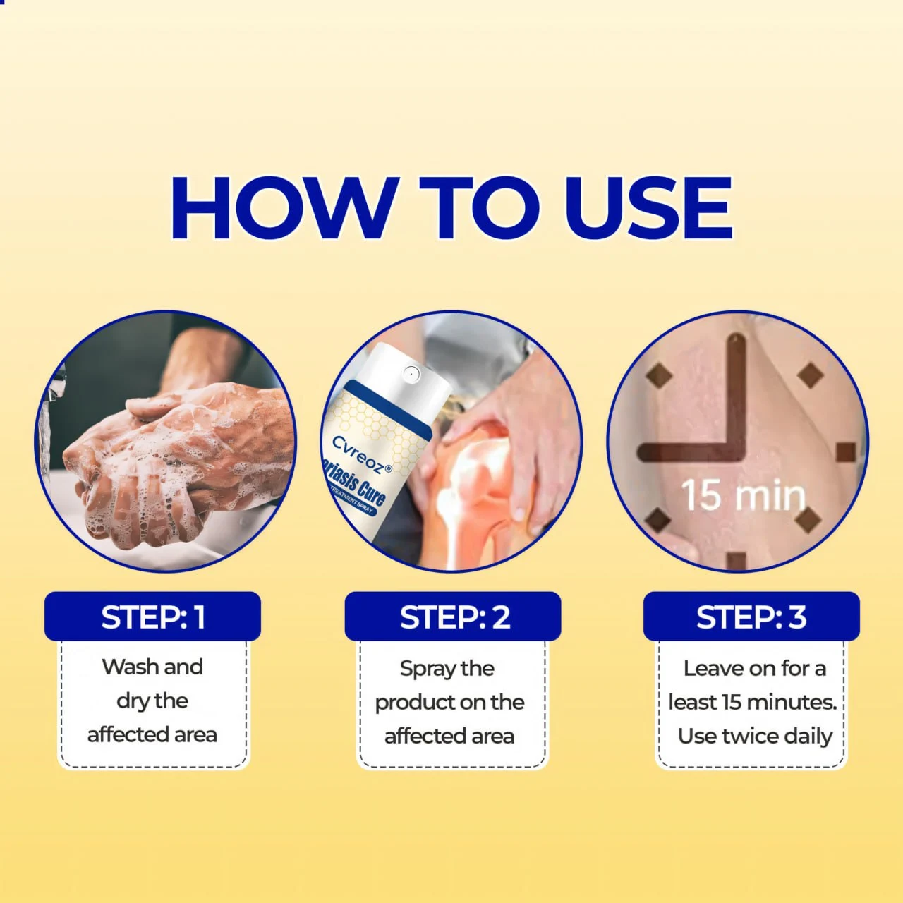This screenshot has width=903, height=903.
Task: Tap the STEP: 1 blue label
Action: (x=152, y=617)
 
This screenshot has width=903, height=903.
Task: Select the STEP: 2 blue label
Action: (x=453, y=617)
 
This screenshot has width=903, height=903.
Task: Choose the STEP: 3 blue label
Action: (x=751, y=617)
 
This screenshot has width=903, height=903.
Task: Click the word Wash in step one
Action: (x=131, y=667)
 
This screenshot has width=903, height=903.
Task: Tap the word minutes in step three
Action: (x=791, y=703)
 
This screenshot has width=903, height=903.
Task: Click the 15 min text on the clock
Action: (x=743, y=495)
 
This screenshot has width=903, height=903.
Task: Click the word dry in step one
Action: (x=132, y=701)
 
